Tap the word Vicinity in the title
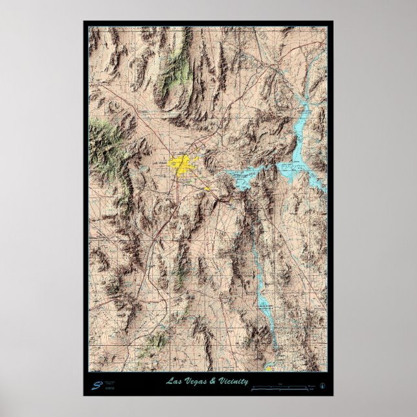coord(233,381)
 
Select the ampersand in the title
coord(210,381)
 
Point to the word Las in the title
coord(174,381)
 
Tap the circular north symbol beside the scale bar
coord(322,386)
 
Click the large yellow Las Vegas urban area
coord(183,164)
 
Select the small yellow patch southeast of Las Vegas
coord(208,189)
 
